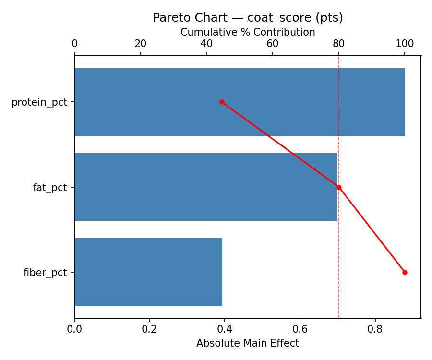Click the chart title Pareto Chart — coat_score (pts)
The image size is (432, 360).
pos(248,18)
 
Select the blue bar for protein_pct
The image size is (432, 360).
pos(239,102)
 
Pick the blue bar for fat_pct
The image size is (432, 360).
pos(205,187)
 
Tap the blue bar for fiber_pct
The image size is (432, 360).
pos(148,272)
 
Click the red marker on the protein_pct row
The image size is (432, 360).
pos(222,102)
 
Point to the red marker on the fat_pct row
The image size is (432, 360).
pos(339,187)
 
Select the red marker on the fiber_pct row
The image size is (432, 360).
pos(405,272)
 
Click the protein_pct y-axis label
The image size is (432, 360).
pos(39,102)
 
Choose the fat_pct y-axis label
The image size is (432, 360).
pos(50,188)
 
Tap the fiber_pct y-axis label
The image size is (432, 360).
pos(45,273)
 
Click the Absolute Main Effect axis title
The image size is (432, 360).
pos(248,344)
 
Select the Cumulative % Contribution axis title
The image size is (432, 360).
pos(248,32)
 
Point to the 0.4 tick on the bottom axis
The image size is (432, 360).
pos(225,329)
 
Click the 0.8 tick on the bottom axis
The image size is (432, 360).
pos(375,329)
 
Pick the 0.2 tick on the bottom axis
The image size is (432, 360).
pos(150,329)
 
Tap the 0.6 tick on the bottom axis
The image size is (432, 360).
pos(300,329)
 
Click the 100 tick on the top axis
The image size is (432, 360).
pos(405,44)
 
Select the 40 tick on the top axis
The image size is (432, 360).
pos(206,44)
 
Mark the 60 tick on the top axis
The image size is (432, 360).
pos(273,44)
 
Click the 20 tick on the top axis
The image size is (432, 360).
pos(141,44)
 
